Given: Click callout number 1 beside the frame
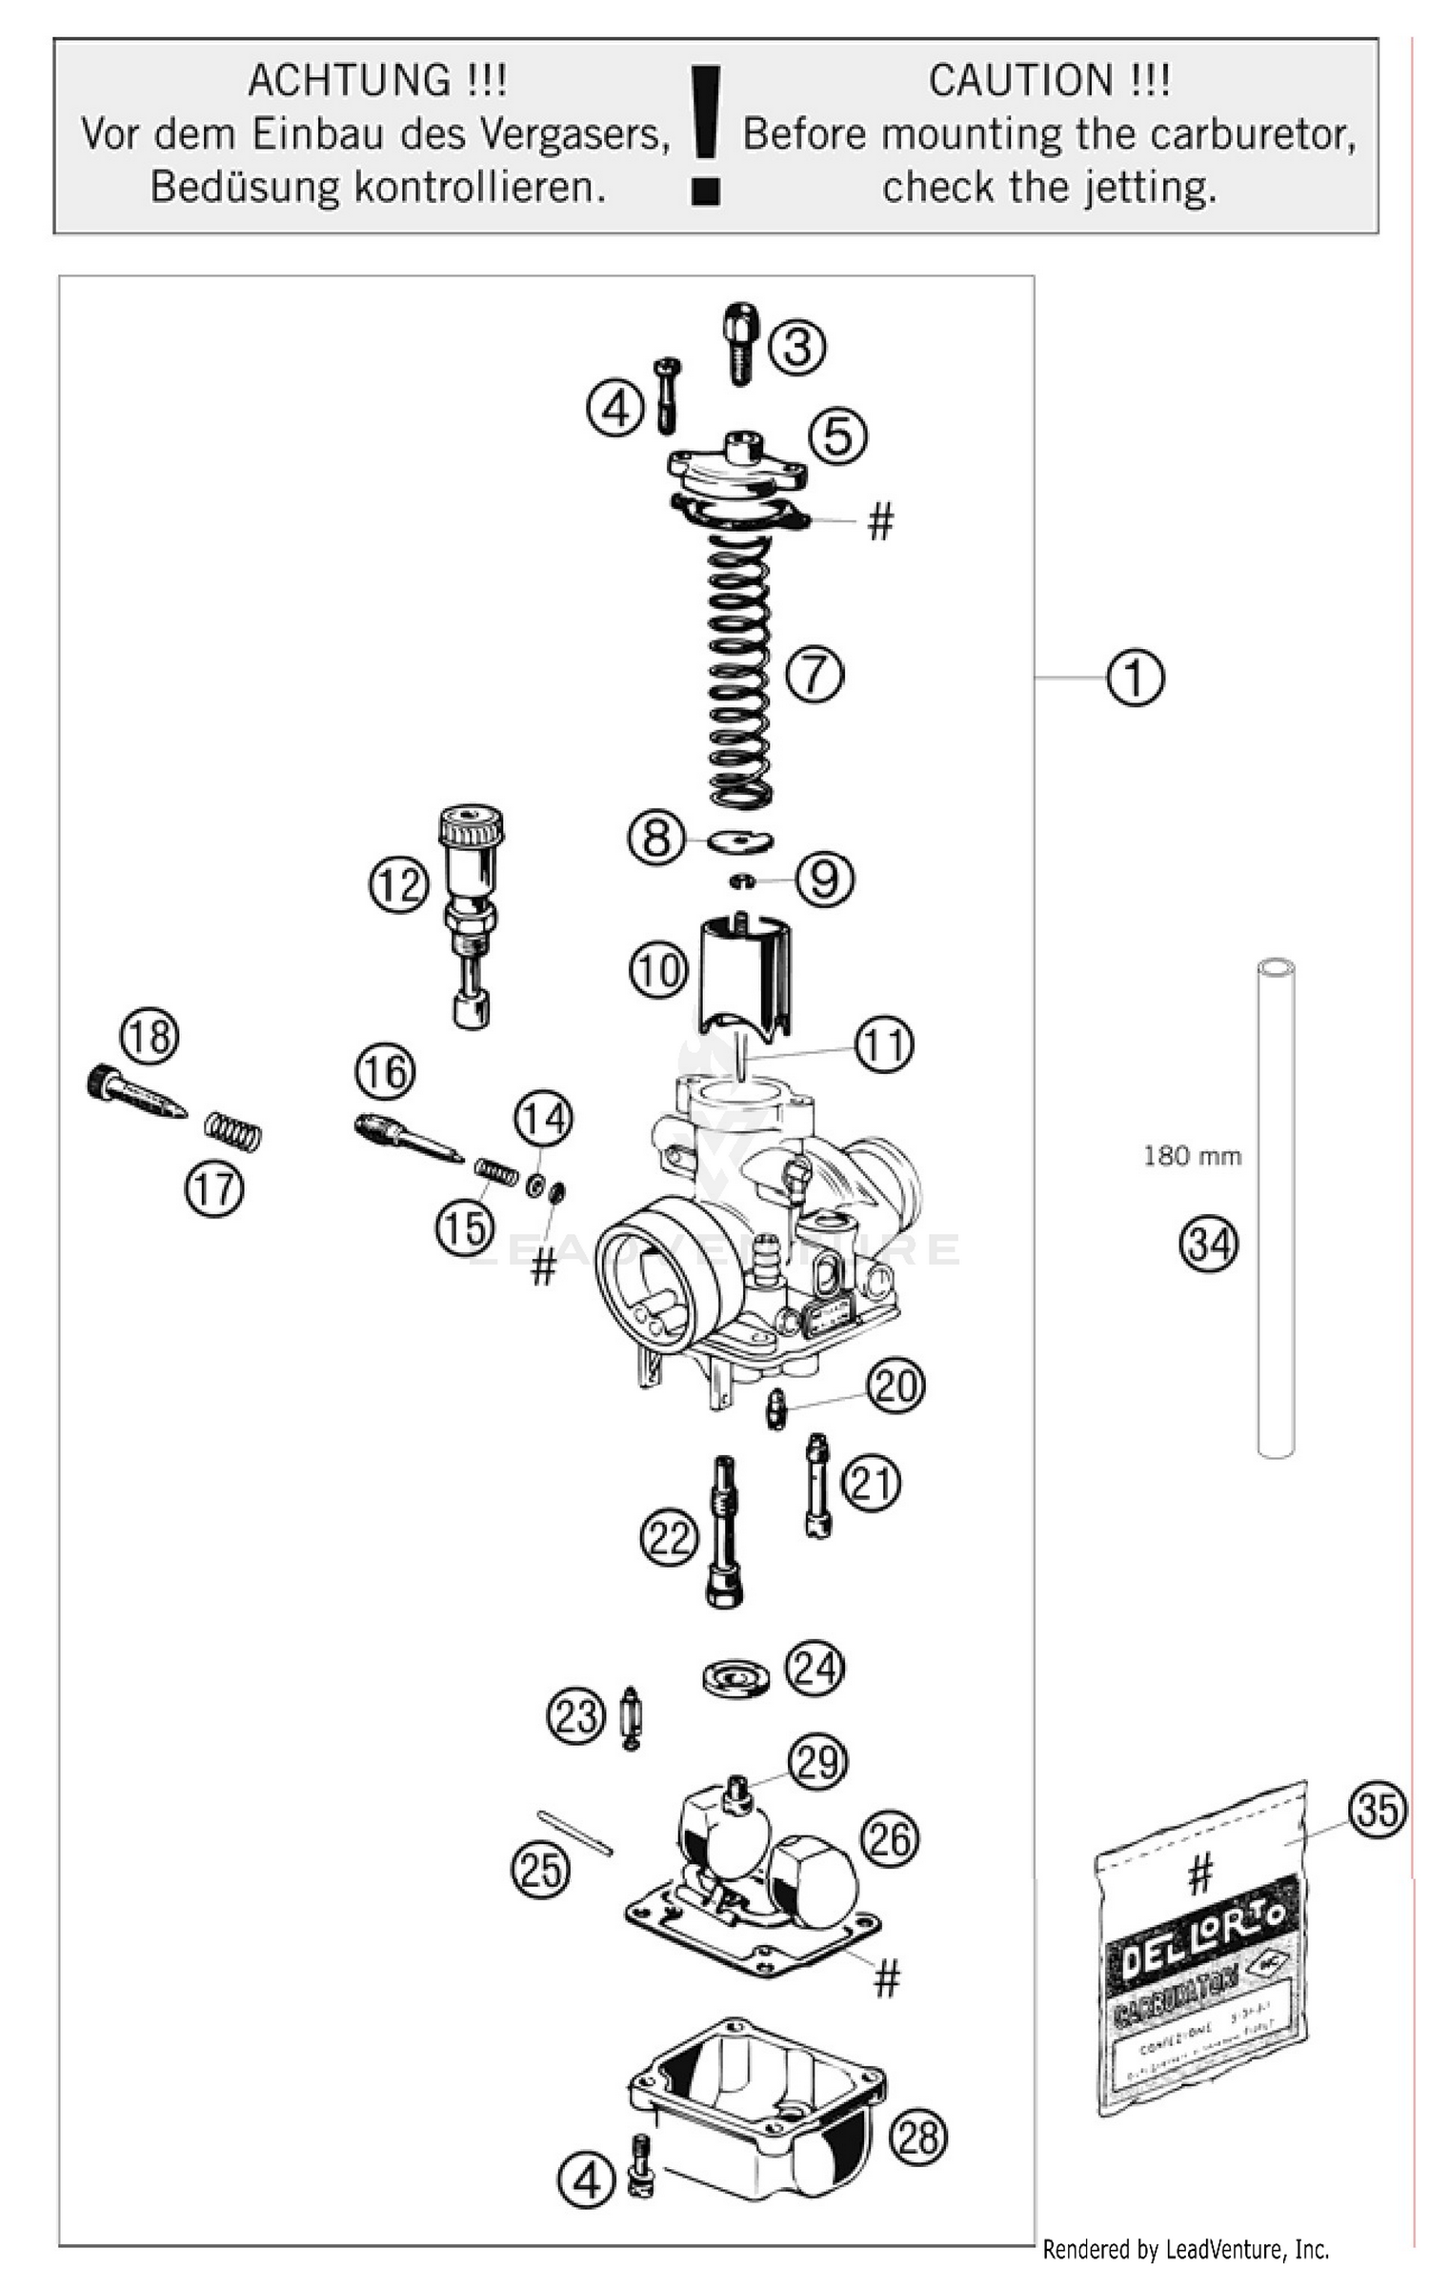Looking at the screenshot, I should coord(1135,678).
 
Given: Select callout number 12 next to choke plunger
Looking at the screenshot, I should coord(398,885).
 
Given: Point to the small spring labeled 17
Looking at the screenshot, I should coord(232,1132).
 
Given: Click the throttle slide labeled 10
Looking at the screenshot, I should coord(743,972).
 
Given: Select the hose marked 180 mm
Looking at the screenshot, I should coord(1275,1210).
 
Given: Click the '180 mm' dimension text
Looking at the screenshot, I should coord(1192,1157).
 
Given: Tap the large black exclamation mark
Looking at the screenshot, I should coord(706,133).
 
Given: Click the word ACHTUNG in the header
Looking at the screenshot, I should coord(348,81).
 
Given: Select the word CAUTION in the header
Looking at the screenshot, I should coord(1019,81).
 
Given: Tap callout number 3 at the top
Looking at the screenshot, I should coord(796,346).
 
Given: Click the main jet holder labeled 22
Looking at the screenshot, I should coord(724,1532).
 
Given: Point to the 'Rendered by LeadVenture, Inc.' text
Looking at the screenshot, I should coord(1185,2250).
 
